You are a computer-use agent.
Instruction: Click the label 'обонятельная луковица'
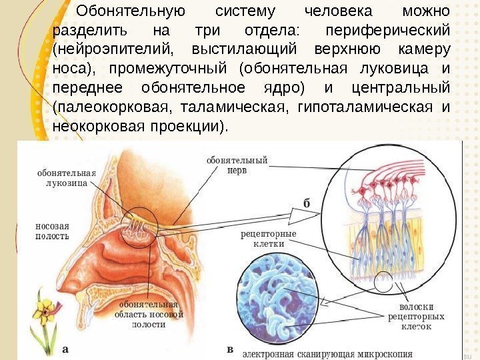click(66, 177)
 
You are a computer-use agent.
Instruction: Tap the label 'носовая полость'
click(52, 231)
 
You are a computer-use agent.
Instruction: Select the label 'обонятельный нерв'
click(237, 165)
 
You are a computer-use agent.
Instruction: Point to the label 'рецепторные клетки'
click(269, 239)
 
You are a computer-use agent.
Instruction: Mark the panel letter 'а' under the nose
click(65, 348)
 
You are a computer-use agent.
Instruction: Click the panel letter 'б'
click(306, 203)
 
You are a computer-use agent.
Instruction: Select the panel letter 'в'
click(230, 349)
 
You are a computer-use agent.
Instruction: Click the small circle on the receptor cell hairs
click(385, 283)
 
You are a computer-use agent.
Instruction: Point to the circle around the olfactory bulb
click(140, 228)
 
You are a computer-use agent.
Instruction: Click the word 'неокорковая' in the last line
click(99, 126)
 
